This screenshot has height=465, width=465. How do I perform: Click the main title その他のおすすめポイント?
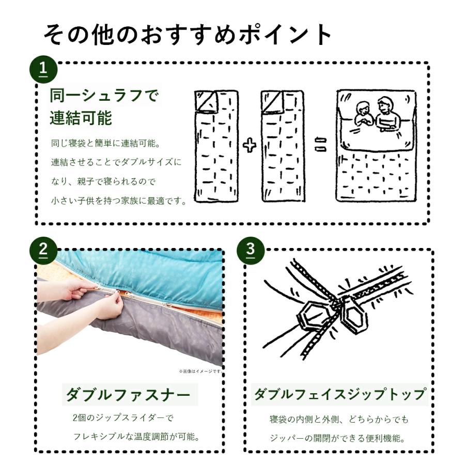188,35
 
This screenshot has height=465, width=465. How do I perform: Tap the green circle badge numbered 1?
43,69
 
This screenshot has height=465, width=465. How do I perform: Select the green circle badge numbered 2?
43,251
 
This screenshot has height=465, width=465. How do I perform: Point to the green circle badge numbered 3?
250,251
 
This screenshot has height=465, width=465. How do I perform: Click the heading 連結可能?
81,118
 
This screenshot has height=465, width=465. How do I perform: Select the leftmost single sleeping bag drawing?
216,146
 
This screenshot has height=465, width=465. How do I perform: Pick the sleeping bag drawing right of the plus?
283,146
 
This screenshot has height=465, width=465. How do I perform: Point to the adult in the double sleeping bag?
386,113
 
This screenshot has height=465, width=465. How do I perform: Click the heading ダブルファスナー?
127,395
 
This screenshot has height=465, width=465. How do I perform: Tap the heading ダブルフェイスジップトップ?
339,395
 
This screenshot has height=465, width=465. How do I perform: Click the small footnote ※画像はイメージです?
200,371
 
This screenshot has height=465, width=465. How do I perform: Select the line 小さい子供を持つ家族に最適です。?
118,200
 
